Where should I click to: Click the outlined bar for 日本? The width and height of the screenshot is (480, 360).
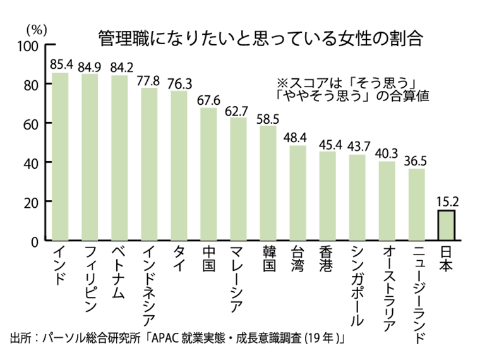coord(447,225)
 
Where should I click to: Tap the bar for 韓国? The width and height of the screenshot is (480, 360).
coord(268,183)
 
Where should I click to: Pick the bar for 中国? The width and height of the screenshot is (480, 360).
coord(209,174)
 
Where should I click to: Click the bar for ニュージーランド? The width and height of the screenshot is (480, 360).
coord(417,205)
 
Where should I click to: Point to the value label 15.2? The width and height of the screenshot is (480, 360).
coord(447,202)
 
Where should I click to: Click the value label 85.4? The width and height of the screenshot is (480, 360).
coord(61,64)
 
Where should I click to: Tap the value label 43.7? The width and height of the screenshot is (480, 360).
coord(357,147)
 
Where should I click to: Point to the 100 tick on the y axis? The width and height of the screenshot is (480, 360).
coord(30,45)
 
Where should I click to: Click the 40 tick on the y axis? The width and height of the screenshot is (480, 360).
coord(33,162)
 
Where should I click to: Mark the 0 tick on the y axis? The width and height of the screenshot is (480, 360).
coord(37,241)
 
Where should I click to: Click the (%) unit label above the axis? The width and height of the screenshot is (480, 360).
coord(35,28)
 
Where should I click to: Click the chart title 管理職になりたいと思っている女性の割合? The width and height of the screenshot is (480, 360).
coord(259,36)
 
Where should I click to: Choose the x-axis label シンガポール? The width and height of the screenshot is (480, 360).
coord(357,287)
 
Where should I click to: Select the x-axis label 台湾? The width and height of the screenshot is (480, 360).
coord(297,260)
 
